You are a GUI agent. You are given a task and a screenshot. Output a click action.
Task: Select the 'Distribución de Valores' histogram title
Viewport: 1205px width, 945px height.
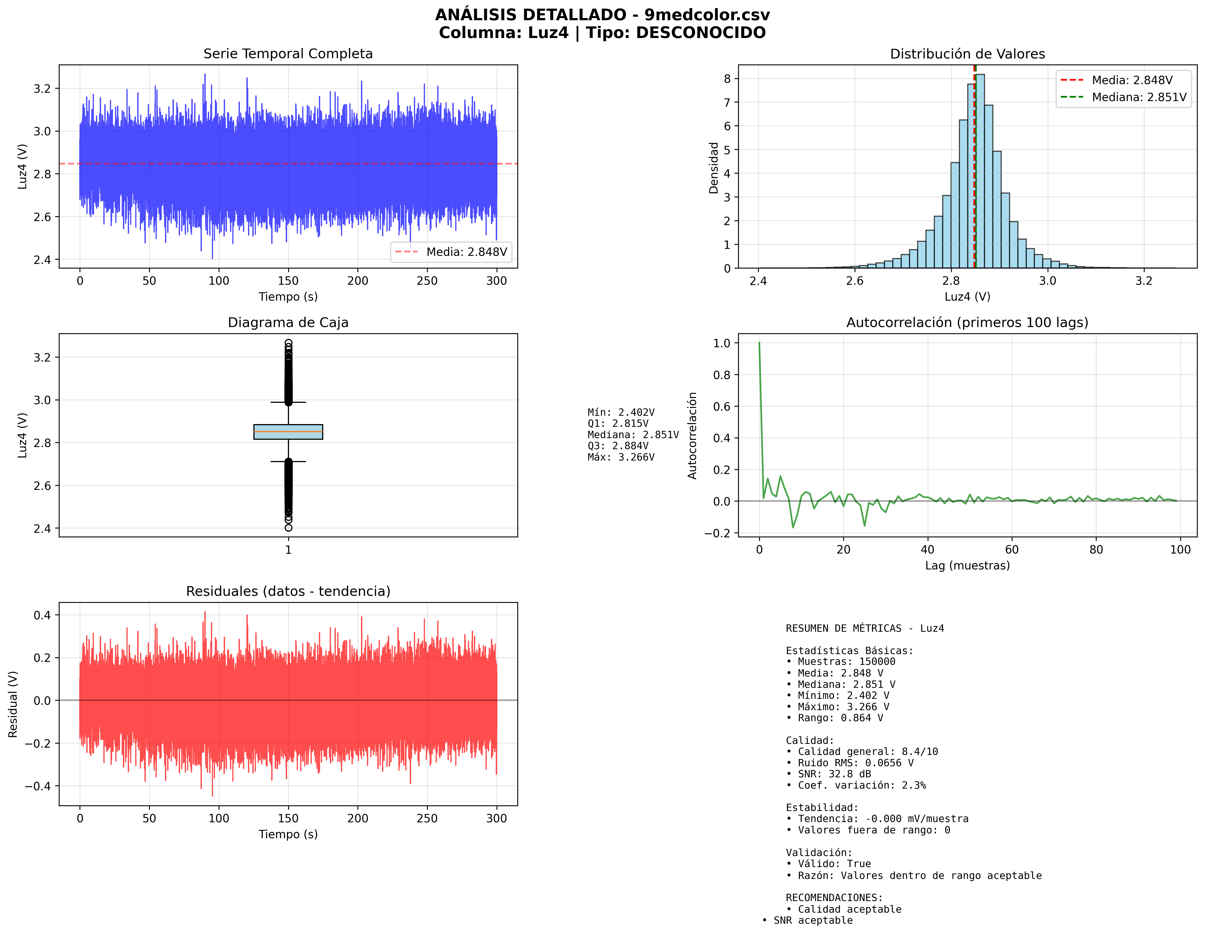pos(967,54)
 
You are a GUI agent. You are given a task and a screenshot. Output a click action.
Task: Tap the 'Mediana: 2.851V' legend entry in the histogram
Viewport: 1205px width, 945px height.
pos(1139,97)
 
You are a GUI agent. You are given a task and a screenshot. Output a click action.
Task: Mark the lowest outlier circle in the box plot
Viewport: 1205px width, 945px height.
pos(288,528)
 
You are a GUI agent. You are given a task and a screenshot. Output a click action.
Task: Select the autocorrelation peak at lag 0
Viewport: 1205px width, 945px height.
pos(759,343)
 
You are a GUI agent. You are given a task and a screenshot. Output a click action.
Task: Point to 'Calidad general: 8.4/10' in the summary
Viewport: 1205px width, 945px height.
pos(867,751)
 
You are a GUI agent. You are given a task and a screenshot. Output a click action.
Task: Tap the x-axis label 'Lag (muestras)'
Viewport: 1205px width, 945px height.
pos(967,565)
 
